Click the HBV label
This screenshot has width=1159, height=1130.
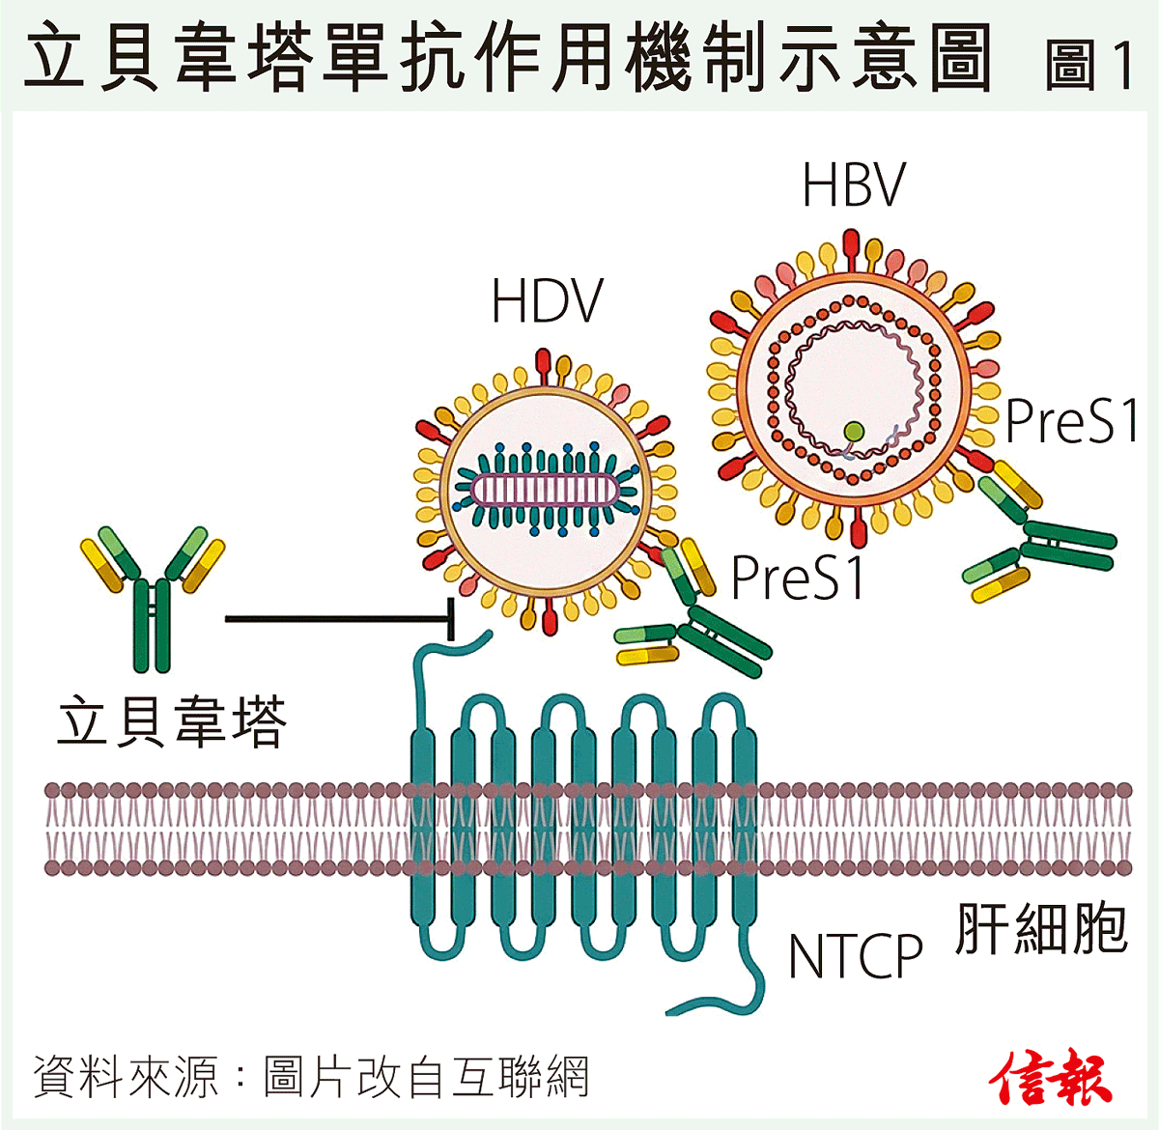click(x=854, y=185)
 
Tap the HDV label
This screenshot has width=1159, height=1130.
click(x=547, y=301)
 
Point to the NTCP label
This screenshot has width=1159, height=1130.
click(x=856, y=956)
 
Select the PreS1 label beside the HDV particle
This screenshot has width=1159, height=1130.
click(x=798, y=578)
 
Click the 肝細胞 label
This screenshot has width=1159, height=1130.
click(x=1041, y=929)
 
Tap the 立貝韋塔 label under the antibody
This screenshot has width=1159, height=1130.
click(x=172, y=722)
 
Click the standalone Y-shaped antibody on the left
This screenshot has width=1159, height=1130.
click(x=153, y=594)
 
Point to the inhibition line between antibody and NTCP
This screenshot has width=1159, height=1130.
click(x=338, y=618)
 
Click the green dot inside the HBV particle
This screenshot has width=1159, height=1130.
click(x=853, y=431)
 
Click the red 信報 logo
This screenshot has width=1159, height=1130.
click(x=1050, y=1077)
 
